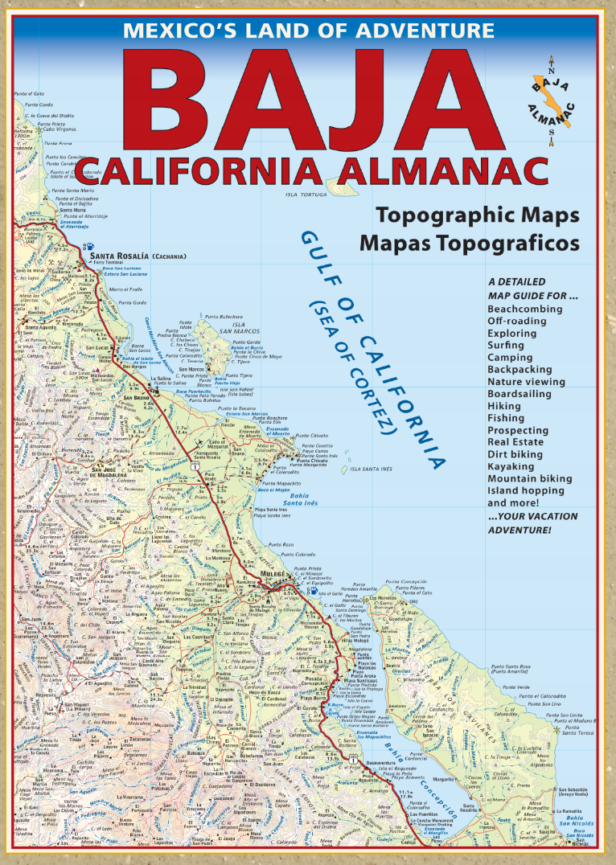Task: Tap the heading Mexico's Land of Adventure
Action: pos(308,31)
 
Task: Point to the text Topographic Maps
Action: pos(478,215)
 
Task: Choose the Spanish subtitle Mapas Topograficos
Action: pos(470,241)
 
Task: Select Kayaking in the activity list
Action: pos(511,466)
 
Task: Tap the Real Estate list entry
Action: pos(515,442)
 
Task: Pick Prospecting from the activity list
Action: pos(518,430)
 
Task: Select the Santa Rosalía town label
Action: pos(117,256)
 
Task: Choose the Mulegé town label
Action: pos(272,574)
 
